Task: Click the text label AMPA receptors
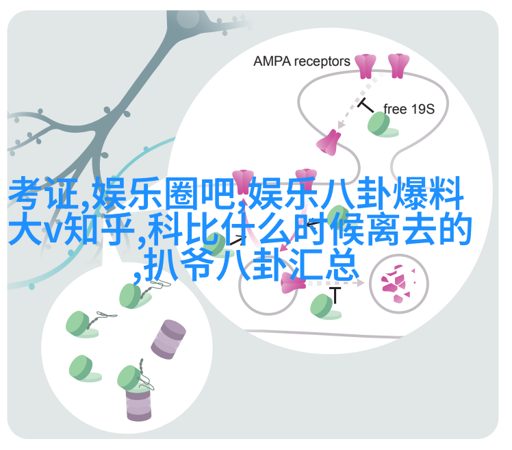[301, 62]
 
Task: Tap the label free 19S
[409, 109]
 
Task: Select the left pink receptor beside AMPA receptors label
[366, 66]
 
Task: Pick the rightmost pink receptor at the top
[398, 66]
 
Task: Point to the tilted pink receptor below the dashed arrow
[329, 142]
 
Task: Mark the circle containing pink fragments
[398, 284]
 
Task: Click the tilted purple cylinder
[168, 339]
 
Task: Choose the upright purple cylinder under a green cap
[138, 404]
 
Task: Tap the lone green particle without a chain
[84, 368]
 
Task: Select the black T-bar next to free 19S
[366, 105]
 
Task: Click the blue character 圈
[181, 193]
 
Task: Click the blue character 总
[342, 264]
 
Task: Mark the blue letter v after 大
[53, 233]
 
